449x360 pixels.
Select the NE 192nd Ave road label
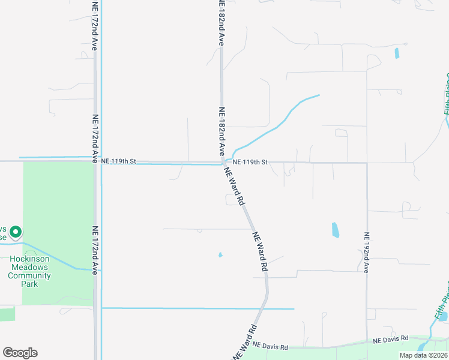[x=366, y=252]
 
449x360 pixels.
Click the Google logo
[x=20, y=353]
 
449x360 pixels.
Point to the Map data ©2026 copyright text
[x=423, y=355]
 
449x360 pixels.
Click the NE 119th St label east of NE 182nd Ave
[x=250, y=162]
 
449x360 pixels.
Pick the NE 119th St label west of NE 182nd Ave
[x=119, y=161]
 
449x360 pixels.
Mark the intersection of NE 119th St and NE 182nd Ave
[x=223, y=162]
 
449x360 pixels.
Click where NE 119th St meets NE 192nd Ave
[x=367, y=163]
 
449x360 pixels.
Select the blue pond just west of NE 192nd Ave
[x=335, y=230]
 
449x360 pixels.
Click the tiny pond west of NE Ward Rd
[x=220, y=255]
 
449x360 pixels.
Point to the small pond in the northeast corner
[x=397, y=53]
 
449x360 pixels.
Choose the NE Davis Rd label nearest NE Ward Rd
[x=270, y=346]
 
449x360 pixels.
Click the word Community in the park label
[x=29, y=276]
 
